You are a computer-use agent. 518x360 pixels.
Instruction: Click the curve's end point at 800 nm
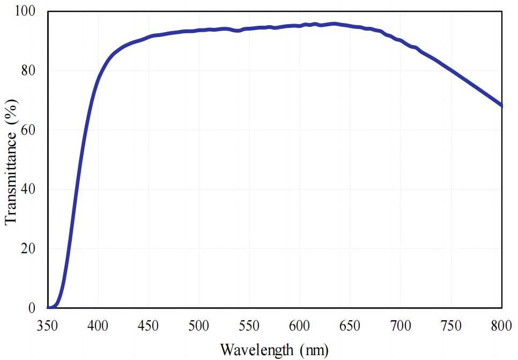(501, 106)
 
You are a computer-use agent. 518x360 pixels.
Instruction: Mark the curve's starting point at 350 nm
(48, 308)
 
